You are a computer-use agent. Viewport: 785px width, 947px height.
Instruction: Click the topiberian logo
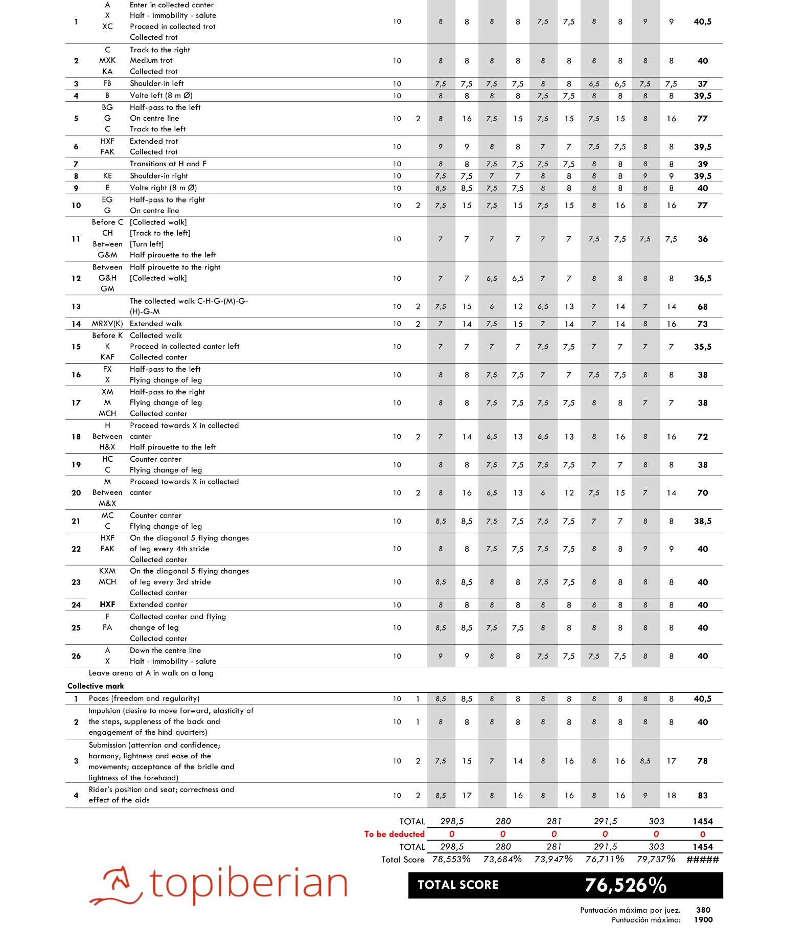click(219, 884)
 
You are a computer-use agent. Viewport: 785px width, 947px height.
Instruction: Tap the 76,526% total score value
click(626, 885)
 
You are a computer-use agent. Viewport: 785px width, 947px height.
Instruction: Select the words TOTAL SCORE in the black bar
click(458, 885)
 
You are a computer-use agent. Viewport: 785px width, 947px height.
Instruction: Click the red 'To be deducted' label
click(394, 834)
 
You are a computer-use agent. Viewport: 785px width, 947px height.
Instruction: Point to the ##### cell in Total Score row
click(703, 860)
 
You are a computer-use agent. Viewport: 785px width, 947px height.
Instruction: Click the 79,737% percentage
click(656, 859)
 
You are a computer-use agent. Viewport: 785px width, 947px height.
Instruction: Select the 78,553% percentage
click(451, 859)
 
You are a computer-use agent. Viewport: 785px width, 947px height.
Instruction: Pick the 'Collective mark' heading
click(96, 686)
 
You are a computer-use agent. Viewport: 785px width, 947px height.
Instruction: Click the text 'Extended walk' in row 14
click(156, 324)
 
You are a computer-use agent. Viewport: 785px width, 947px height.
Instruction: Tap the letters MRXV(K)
click(107, 324)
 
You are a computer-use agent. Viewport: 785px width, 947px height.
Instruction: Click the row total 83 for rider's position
click(703, 795)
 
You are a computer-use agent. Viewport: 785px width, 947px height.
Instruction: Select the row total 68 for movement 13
click(703, 307)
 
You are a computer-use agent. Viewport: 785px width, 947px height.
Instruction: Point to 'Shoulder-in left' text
click(156, 83)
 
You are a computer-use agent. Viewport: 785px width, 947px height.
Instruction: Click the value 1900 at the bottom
click(703, 919)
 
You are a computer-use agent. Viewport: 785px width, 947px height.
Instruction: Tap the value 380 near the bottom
click(703, 910)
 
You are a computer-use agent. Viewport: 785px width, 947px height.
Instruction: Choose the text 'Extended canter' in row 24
click(158, 604)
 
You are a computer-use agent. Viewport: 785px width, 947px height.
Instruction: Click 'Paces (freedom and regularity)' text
click(144, 698)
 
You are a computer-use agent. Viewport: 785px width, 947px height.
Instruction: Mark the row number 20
click(76, 493)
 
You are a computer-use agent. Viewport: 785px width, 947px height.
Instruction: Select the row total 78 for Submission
click(703, 761)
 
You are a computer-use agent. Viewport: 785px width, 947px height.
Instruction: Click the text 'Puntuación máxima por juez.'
click(630, 910)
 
